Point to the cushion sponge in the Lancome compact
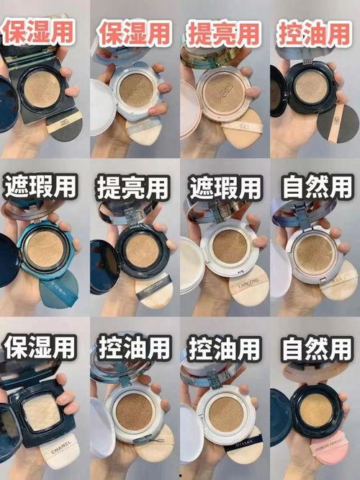tap(229, 246)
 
